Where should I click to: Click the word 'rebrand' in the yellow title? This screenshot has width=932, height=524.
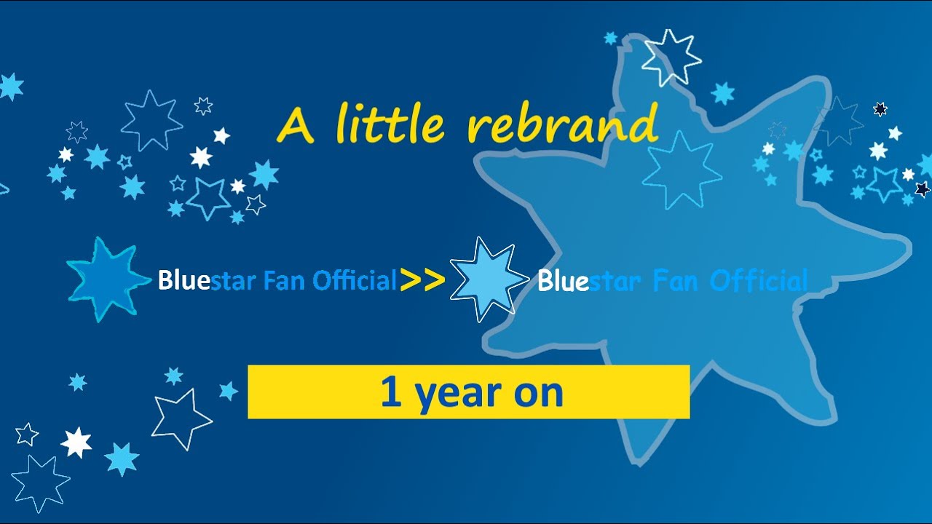pyautogui.click(x=562, y=124)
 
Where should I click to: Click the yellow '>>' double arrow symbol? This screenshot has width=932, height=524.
pyautogui.click(x=422, y=280)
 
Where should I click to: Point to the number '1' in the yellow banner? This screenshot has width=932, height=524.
pyautogui.click(x=391, y=393)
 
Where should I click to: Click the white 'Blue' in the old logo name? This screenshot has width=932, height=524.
pyautogui.click(x=183, y=280)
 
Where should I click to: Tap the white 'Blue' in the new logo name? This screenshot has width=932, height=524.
pyautogui.click(x=563, y=281)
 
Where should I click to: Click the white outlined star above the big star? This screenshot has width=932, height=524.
pyautogui.click(x=671, y=57)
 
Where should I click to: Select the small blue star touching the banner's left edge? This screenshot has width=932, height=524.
pyautogui.click(x=229, y=391)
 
